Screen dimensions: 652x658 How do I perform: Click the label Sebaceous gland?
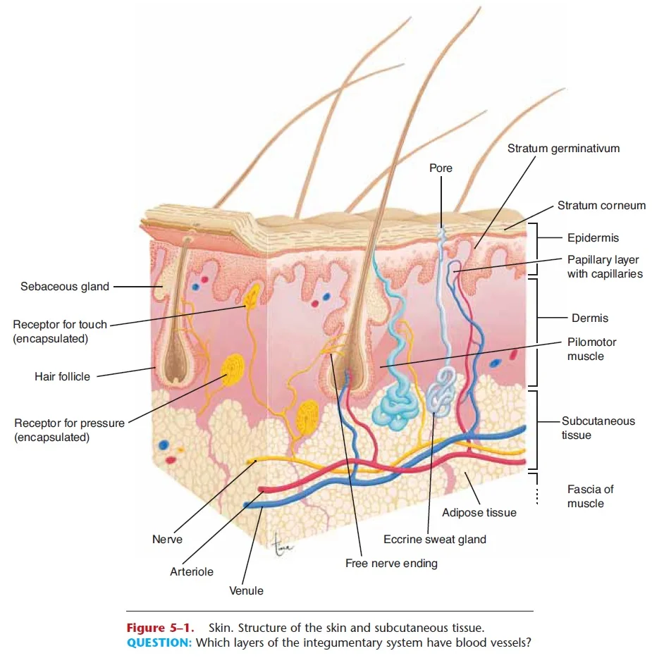[65, 287]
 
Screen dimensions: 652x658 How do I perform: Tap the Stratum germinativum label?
[563, 149]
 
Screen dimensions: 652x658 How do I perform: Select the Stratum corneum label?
[601, 206]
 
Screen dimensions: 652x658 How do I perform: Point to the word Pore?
[441, 168]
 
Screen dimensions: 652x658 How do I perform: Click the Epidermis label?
[593, 238]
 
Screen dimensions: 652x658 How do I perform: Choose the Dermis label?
[590, 318]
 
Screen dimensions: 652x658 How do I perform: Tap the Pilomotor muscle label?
[591, 349]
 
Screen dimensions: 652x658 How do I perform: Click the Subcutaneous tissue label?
[598, 428]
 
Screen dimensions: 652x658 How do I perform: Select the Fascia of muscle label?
[590, 497]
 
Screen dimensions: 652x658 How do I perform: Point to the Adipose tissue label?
[479, 513]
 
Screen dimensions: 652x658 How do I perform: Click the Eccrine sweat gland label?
[434, 540]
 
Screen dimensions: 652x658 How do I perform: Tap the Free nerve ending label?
[391, 564]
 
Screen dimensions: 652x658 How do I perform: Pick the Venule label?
[246, 591]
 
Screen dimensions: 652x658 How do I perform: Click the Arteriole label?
[192, 572]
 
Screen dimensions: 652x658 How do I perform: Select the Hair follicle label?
[62, 377]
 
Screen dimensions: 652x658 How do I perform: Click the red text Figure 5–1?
[160, 628]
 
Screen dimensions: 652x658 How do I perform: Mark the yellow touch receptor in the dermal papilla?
[252, 297]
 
